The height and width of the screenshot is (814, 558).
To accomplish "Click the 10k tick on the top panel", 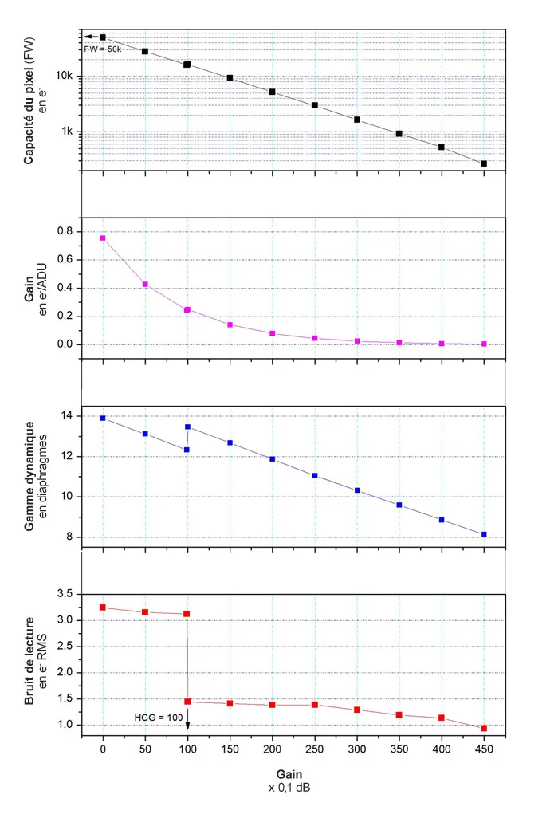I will point(65,77).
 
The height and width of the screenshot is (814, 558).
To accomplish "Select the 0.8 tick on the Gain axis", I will point(65,231).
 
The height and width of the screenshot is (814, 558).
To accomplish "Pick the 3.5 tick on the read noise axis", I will point(65,595).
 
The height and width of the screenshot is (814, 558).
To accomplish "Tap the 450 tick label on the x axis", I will point(484,750).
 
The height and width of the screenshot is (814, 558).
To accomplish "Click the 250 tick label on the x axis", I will point(314,750).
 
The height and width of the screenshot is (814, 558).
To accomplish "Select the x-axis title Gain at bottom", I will point(289,774).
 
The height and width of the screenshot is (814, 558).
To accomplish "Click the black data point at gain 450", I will point(484,163).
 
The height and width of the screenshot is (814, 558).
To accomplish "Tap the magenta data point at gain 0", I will point(103,238).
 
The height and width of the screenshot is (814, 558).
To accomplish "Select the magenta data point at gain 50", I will point(145,284).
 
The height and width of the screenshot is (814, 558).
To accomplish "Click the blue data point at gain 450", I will point(484,534).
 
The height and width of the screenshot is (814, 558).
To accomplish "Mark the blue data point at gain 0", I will point(103,418).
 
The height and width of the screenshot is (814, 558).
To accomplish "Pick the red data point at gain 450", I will point(484,728).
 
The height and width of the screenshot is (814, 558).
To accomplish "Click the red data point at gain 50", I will point(145,611).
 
